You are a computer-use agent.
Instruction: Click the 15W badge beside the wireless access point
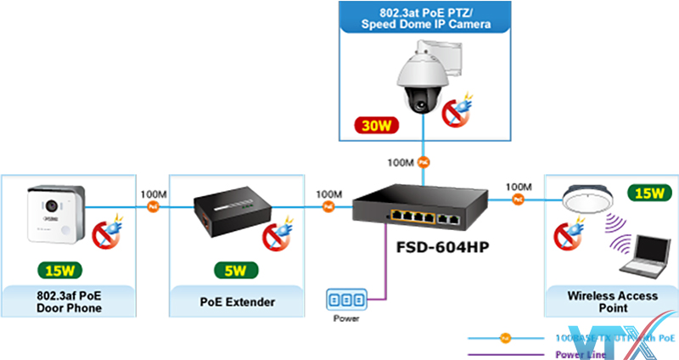tap(647, 194)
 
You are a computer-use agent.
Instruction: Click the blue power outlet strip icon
tap(346, 300)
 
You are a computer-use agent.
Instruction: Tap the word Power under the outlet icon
tap(346, 319)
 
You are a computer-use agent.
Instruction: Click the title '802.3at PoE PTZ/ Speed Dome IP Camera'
tap(425, 19)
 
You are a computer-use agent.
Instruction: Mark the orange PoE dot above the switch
tap(424, 160)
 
